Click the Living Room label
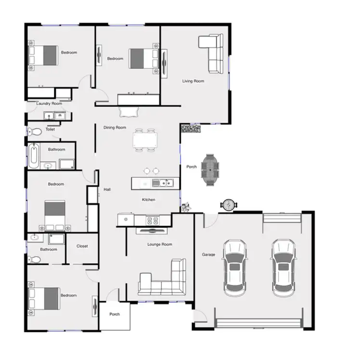point(193,81)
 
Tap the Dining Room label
point(115,128)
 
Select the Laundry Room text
point(49,104)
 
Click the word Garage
point(208,254)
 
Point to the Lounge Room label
point(159,244)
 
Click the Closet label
point(82,246)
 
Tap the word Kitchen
point(148,200)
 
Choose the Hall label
point(107,189)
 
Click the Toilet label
point(51,129)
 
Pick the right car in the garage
point(283,268)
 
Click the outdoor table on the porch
point(210,169)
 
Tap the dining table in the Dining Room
point(145,140)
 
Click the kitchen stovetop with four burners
point(153,221)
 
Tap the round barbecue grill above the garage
point(228,205)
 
